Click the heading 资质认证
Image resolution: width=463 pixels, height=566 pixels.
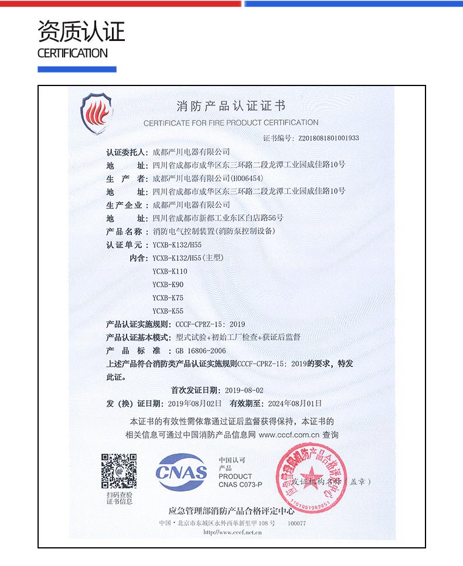click(81, 32)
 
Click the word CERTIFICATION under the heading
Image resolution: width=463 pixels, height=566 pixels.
click(72, 53)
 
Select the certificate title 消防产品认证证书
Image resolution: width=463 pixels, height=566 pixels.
click(231, 107)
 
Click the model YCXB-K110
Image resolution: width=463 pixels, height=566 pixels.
click(170, 272)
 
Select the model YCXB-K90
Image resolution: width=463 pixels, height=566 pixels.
click(168, 284)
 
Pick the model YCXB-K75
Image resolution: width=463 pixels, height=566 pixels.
click(168, 298)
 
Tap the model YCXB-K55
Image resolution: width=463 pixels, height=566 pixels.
click(168, 311)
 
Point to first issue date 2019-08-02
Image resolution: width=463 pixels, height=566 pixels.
click(244, 390)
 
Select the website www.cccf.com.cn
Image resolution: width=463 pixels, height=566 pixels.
click(289, 435)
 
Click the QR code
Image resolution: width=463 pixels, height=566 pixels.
click(119, 472)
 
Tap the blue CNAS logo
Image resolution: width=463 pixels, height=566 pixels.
click(181, 471)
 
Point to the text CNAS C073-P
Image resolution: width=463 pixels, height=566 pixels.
click(240, 485)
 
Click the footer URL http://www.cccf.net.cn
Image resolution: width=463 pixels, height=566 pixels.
click(232, 533)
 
